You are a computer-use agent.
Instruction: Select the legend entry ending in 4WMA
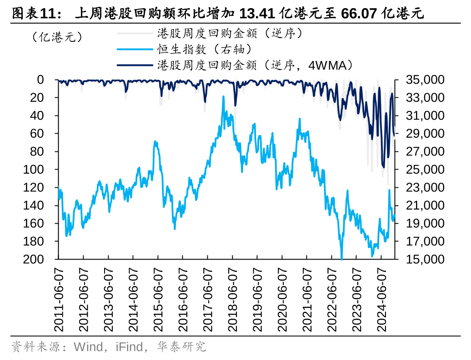point(255,65)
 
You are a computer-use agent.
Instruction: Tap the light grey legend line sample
point(135,33)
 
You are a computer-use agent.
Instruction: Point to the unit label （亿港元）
point(57,36)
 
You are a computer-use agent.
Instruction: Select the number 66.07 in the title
point(357,14)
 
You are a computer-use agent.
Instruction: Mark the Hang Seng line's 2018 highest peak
point(223,96)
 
